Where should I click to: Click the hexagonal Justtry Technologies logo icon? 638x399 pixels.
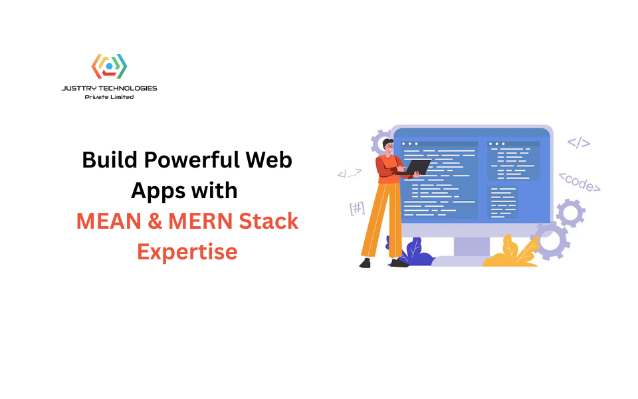point(109,66)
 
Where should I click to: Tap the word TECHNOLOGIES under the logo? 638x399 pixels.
point(128,88)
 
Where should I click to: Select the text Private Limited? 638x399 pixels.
point(109,97)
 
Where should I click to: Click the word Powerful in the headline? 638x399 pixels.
point(191,160)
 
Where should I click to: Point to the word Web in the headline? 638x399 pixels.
point(269,160)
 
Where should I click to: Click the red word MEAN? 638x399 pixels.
point(108,221)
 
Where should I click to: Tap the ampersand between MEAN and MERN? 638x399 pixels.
point(155,221)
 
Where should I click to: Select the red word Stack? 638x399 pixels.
point(268,221)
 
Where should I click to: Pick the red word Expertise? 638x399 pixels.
point(187,252)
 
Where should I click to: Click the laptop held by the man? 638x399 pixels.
point(414,168)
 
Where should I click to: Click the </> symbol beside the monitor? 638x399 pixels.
point(579,143)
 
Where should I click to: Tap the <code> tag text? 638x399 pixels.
point(580,182)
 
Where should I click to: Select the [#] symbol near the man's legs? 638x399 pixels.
point(358,208)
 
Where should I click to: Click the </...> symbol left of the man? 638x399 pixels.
point(350,174)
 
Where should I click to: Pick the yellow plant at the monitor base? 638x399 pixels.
point(512,253)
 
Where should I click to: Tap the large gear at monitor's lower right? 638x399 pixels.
point(550,241)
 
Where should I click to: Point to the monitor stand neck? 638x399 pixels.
point(472,246)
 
